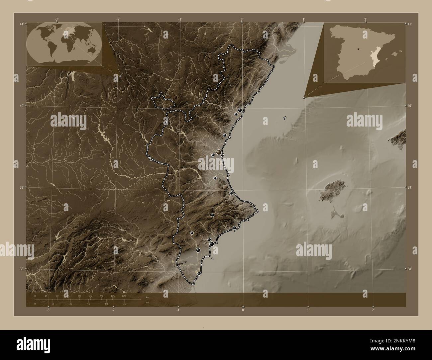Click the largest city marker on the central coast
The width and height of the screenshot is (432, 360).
218,152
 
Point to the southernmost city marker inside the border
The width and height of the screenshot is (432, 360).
199,273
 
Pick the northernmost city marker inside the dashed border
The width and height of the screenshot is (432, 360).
240,110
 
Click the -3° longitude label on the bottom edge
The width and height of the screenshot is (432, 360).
49,310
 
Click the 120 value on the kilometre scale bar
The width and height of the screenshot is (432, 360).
124,296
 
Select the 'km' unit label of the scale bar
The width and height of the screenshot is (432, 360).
148,297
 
